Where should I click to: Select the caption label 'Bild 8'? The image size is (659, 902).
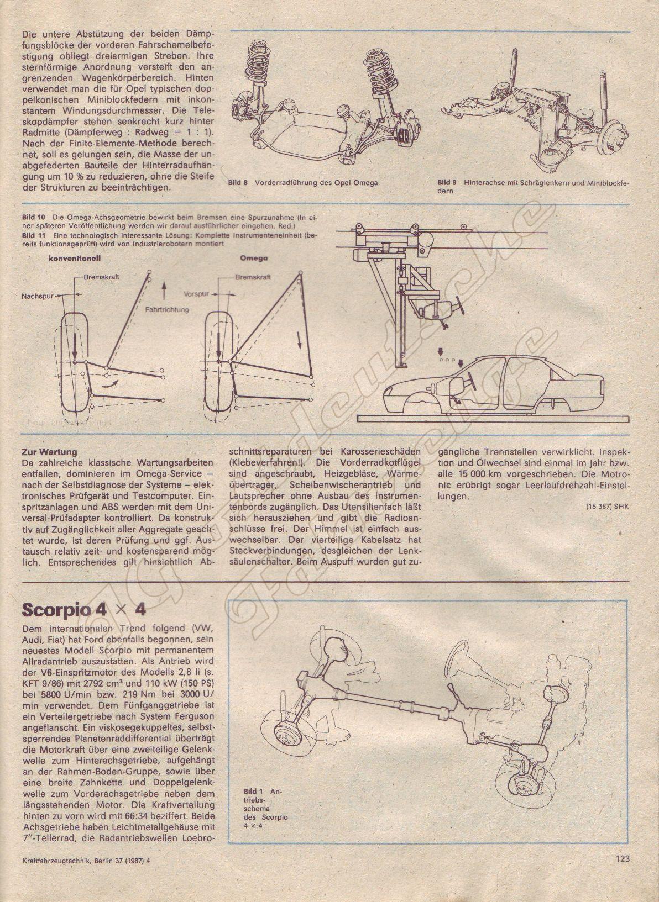point(238,183)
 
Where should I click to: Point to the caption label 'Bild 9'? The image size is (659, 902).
point(447,182)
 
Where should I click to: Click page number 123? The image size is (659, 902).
point(621,874)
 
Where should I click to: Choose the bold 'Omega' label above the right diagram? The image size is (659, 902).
point(254,258)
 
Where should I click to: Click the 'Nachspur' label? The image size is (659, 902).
point(37,297)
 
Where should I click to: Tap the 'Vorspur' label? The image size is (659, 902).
point(196,294)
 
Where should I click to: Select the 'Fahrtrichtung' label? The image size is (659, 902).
point(167,309)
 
